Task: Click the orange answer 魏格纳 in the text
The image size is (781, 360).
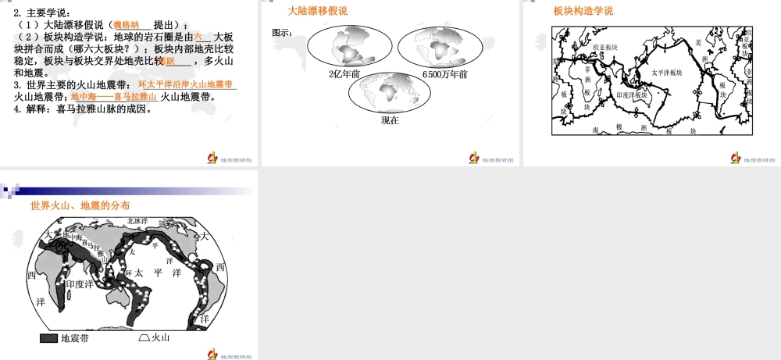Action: click(x=130, y=25)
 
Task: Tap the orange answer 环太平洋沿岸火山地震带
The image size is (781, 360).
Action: click(x=186, y=84)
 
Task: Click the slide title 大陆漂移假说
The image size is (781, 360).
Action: click(x=318, y=11)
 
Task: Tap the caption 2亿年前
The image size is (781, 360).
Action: click(x=344, y=74)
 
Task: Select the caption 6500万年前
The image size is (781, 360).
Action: click(x=444, y=74)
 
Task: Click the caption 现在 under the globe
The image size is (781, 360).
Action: click(x=390, y=120)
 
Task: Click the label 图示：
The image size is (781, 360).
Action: click(x=283, y=33)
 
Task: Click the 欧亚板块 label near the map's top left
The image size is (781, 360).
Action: click(x=605, y=48)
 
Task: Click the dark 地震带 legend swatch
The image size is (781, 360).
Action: click(x=48, y=337)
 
